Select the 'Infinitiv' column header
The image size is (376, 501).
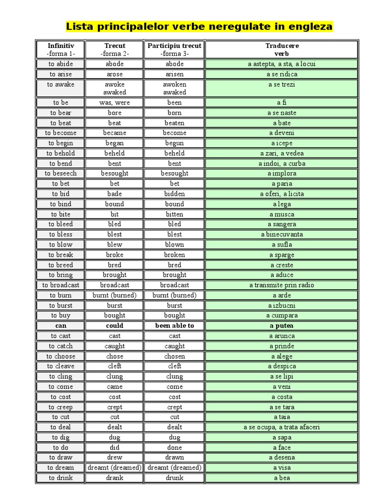tap(60, 46)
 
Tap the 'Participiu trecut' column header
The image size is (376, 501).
tap(175, 46)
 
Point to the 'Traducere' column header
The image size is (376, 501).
tap(282, 46)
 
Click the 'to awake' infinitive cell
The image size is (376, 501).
tap(61, 84)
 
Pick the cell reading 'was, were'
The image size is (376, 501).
tap(115, 103)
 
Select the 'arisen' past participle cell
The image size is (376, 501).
tap(175, 74)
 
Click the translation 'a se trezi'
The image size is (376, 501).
tap(282, 84)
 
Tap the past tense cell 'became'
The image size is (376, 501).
tap(115, 133)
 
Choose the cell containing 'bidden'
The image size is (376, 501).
tap(175, 194)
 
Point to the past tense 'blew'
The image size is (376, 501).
tap(115, 245)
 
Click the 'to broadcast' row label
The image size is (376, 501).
tap(61, 285)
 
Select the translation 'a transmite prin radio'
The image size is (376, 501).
tap(282, 285)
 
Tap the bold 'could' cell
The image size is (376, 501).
tap(115, 326)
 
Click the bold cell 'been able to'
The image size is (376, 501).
tap(175, 326)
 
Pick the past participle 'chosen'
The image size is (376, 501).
tap(175, 356)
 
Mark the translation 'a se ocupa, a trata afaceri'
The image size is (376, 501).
tap(282, 427)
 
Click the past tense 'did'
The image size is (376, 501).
tap(115, 448)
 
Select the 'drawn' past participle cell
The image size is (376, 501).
tap(175, 457)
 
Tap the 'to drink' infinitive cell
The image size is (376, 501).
tap(61, 478)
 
